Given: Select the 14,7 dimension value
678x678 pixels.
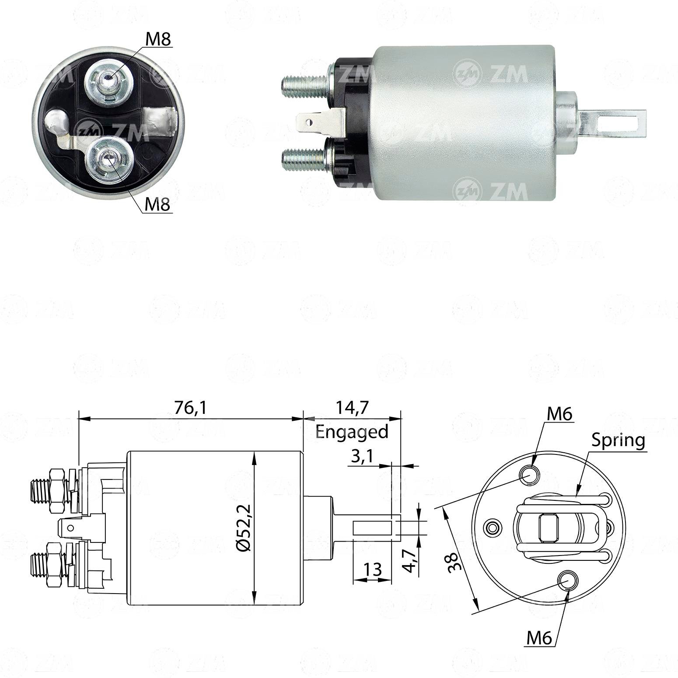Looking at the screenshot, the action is tap(352, 408).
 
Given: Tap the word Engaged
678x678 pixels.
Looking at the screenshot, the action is tap(352, 432).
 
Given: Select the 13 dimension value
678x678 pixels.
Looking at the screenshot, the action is tap(372, 570).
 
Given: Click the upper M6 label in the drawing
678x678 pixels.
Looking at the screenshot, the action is tap(559, 414).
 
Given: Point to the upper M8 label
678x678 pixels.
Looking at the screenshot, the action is tap(158, 39).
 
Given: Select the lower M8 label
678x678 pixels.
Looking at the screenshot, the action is tap(157, 205).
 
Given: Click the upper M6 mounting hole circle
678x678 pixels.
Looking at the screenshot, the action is tap(530, 475).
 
